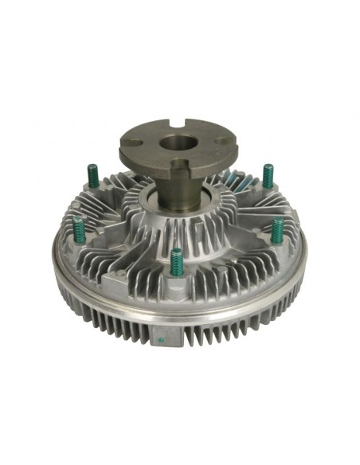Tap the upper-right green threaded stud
[268, 173]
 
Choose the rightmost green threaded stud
[277, 228]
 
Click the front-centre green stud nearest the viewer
[176, 260]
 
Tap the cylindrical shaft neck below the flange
[182, 191]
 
